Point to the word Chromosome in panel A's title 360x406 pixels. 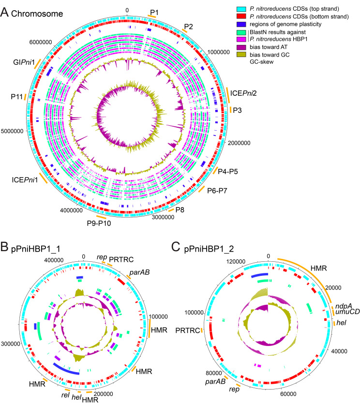[x=33, y=12]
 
